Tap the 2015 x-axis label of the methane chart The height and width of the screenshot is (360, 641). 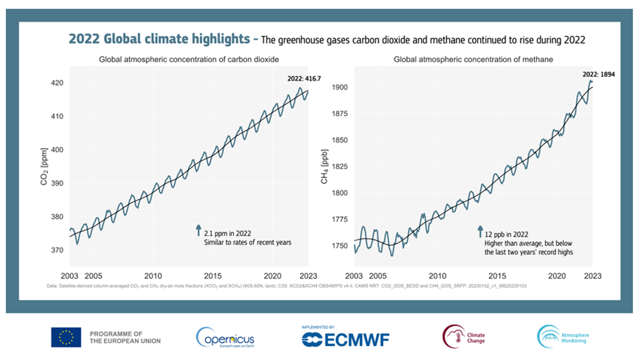pos(497,276)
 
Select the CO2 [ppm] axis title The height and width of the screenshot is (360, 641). pos(45,167)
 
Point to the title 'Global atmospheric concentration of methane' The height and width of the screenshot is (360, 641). pos(473,59)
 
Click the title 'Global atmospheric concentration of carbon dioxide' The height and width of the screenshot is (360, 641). pos(189,59)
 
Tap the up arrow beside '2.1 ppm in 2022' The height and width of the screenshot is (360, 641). pos(198,230)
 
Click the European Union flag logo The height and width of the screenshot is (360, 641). pos(66,337)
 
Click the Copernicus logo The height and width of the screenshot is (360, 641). pos(225,337)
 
